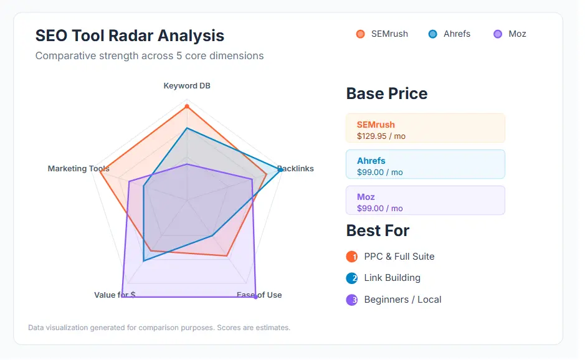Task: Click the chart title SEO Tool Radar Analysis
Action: pyautogui.click(x=130, y=36)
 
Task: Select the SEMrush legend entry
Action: pyautogui.click(x=382, y=34)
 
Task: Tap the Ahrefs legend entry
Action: pyautogui.click(x=449, y=34)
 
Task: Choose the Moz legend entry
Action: pyautogui.click(x=510, y=34)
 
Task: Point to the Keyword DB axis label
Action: pyautogui.click(x=187, y=85)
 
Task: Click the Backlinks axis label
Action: pyautogui.click(x=297, y=168)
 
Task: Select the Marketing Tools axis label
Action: pyautogui.click(x=78, y=169)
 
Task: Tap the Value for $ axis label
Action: pyautogui.click(x=115, y=295)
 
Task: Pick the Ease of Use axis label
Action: pyautogui.click(x=260, y=295)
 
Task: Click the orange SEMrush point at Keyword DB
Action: pyautogui.click(x=187, y=107)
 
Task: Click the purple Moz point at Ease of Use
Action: pyautogui.click(x=256, y=297)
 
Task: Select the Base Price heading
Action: pyautogui.click(x=386, y=93)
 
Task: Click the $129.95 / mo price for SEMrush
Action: pyautogui.click(x=381, y=136)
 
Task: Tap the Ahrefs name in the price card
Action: pyautogui.click(x=371, y=161)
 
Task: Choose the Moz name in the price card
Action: pyautogui.click(x=366, y=197)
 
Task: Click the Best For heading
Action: pyautogui.click(x=378, y=230)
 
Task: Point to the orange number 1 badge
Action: pyautogui.click(x=352, y=257)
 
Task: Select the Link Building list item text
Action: pyautogui.click(x=392, y=278)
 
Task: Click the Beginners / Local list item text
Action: pyautogui.click(x=402, y=300)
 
